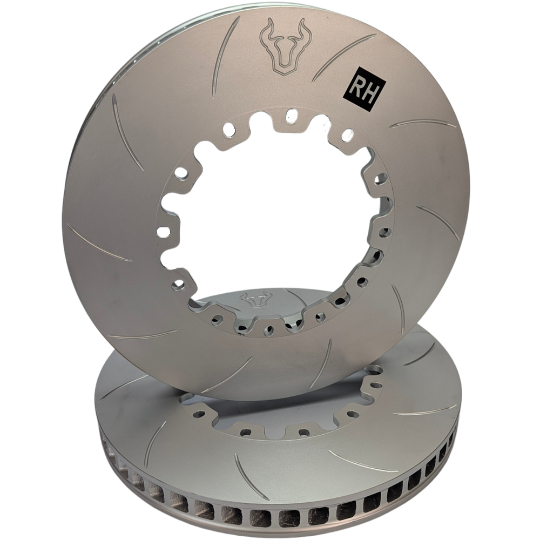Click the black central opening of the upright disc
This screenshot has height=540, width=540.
(270, 216)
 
